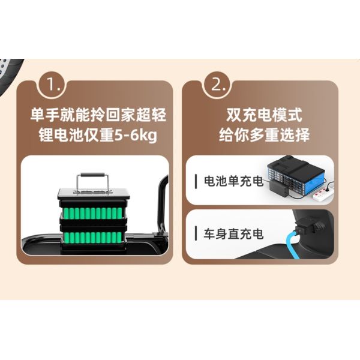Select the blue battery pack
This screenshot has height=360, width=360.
coord(300,174)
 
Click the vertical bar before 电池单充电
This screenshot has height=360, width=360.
coord(197,181)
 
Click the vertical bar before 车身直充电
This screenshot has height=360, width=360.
coord(197,233)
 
